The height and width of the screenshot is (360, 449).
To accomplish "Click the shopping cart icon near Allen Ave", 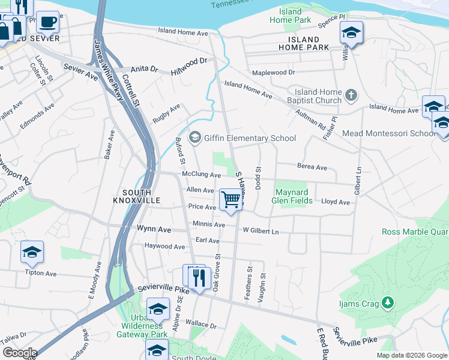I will (x=231, y=200).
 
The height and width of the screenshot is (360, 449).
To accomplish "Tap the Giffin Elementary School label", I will (x=250, y=139).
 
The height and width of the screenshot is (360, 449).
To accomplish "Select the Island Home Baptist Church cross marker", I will (x=351, y=95).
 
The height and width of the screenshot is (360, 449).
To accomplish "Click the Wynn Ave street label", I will (x=154, y=229).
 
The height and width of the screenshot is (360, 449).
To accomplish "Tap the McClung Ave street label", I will (x=201, y=175).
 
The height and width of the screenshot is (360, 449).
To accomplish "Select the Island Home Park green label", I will (x=291, y=16).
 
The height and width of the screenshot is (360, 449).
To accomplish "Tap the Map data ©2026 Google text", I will (x=411, y=355).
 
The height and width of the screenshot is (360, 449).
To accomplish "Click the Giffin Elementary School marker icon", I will (x=194, y=138).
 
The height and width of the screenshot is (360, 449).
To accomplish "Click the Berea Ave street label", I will (x=312, y=167).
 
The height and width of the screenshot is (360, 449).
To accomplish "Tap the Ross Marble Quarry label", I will (x=415, y=232).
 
